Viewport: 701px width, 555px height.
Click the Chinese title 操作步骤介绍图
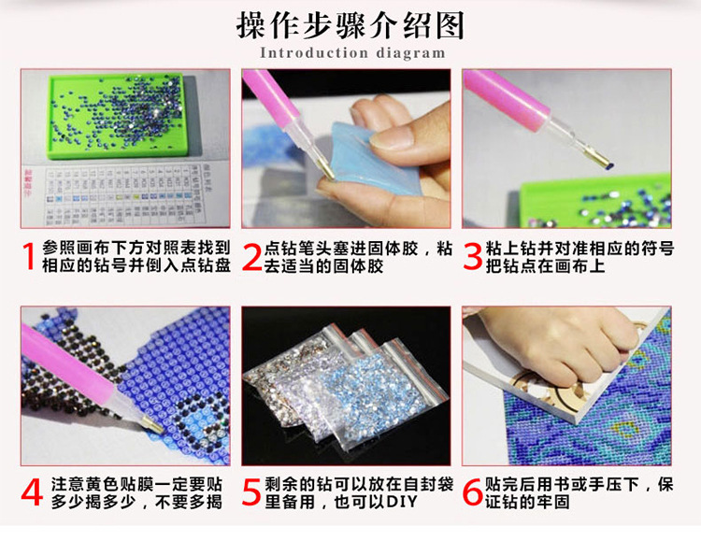point(350,25)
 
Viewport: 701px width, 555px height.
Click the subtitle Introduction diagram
point(351,53)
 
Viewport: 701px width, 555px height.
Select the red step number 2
point(251,257)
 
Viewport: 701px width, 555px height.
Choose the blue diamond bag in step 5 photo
point(383,402)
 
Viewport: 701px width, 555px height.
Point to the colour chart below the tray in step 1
point(122,192)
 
